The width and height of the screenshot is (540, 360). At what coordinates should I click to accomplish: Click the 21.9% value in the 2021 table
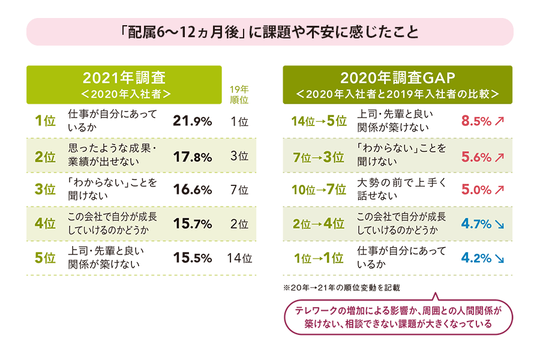coord(192,121)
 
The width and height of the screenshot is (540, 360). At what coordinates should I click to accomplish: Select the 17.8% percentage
coord(192,157)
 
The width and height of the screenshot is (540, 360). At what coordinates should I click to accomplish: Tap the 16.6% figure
coord(192,190)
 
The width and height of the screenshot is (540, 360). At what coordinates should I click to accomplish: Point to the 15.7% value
coord(192,224)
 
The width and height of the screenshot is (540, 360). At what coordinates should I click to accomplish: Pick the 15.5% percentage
coord(192,259)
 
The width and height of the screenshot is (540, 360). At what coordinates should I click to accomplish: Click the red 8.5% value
coord(476,121)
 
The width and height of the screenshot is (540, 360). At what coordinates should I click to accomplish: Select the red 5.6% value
coord(476,157)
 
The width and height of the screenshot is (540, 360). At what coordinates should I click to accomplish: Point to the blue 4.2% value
coord(476,259)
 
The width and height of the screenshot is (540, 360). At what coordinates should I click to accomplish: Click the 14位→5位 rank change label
coord(319,121)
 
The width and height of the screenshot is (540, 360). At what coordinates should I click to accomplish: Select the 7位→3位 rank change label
coord(319,157)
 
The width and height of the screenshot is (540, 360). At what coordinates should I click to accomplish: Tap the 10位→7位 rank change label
coord(319,190)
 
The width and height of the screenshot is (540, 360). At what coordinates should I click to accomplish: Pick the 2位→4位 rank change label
coord(319,224)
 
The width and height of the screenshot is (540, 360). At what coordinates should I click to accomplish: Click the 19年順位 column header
coord(239,94)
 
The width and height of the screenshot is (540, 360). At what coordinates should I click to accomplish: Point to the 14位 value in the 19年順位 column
coord(239,259)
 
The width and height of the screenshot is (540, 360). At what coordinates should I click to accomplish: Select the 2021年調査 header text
coord(124,77)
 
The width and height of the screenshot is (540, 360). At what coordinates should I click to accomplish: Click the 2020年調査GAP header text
coord(398,77)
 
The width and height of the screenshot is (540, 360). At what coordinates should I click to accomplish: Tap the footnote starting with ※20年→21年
coord(341,288)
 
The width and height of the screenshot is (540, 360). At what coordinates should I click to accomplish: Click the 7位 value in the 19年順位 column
coord(239,190)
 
